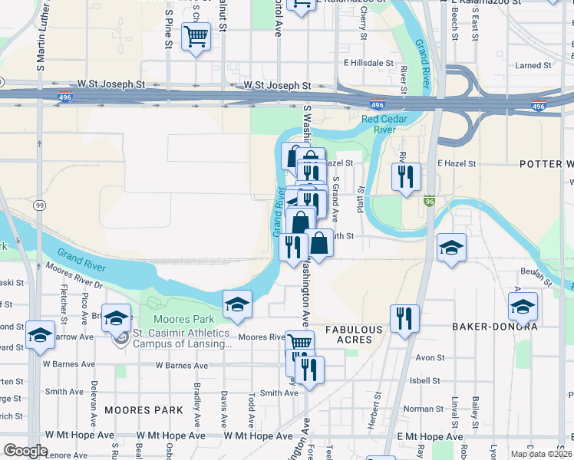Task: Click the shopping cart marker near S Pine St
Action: tap(196, 35)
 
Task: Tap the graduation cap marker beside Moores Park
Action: tap(238, 304)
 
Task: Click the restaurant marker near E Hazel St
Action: tap(405, 176)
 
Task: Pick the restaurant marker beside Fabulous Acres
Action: tap(404, 317)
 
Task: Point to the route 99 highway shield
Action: tap(38, 205)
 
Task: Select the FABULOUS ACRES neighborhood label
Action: tap(354, 334)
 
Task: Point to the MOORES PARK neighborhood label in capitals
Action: tap(144, 410)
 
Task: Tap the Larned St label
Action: tap(528, 66)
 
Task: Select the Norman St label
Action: tap(424, 409)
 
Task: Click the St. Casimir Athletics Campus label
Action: tap(181, 338)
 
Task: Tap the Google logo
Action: tap(25, 451)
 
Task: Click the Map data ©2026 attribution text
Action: tap(540, 454)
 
